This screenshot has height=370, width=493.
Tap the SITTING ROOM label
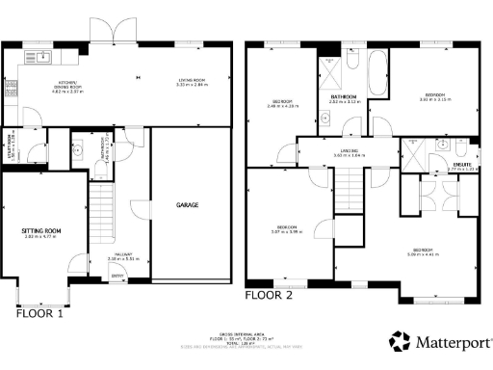pos(41,233)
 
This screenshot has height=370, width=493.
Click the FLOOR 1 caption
pos(39,313)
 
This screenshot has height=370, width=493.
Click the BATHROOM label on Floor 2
pos(344,98)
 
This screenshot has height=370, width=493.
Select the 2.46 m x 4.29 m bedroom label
pos(282,103)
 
